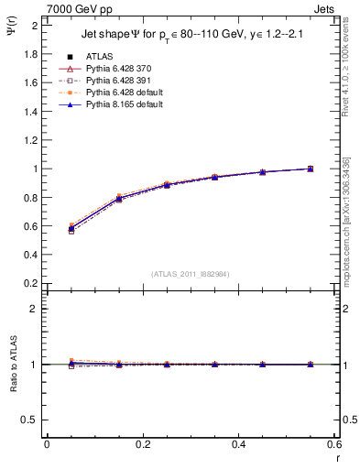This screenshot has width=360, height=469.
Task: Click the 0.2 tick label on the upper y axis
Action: click(30, 283)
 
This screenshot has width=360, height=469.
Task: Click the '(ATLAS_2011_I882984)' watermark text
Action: click(191, 273)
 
